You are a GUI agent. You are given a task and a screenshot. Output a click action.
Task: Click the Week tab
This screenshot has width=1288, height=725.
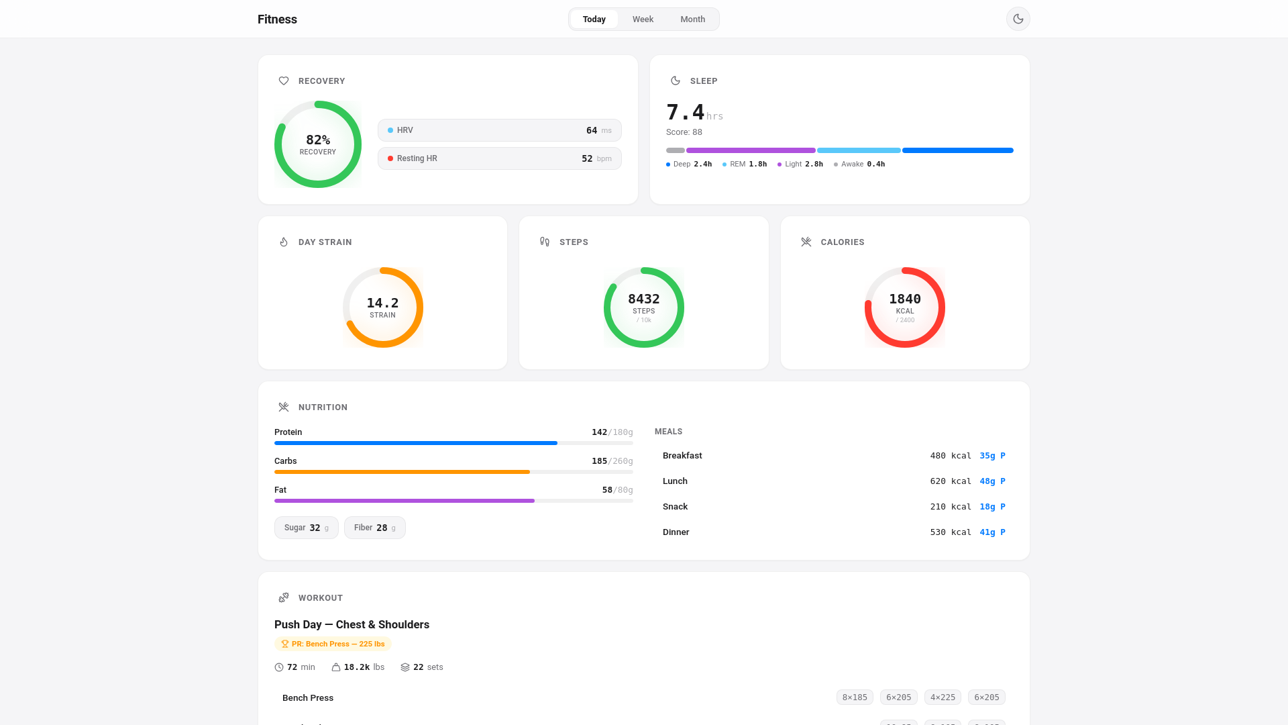coord(642,19)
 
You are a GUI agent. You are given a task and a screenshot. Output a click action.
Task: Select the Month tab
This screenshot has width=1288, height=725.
coord(692,19)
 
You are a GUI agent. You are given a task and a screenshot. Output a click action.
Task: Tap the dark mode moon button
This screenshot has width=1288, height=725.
coord(1018,19)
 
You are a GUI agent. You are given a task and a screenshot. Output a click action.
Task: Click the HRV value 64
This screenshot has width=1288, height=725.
coord(591,130)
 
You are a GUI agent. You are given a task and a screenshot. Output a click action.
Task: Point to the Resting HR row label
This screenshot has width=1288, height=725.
coord(417,158)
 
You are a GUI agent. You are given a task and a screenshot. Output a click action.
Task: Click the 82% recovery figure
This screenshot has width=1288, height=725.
coord(318,140)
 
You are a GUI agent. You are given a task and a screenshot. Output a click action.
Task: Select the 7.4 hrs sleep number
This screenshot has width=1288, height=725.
coord(686,112)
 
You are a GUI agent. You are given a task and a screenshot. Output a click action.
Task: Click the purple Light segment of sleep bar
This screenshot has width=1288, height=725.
coord(750,150)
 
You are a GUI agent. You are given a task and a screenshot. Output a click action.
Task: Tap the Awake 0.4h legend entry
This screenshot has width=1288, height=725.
coord(859,164)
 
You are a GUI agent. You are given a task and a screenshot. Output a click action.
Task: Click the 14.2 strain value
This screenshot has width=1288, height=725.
coord(382,303)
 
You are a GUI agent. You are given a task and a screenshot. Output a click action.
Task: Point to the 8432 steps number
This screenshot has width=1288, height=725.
coord(643,299)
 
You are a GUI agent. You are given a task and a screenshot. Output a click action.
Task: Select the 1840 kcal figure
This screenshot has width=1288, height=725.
coord(904,299)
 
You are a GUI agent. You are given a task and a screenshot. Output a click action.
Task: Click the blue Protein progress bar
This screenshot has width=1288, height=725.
coord(416,443)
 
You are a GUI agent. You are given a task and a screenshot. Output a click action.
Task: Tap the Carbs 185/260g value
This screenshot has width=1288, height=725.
coord(612,461)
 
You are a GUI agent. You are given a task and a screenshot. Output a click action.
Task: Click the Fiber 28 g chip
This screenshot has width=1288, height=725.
coord(374,528)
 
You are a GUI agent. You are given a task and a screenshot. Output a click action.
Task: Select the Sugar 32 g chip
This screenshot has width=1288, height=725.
coord(306,528)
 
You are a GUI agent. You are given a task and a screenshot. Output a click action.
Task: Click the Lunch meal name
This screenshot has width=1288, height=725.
coord(675,481)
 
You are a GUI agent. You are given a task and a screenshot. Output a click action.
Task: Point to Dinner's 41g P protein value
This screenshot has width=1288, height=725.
coord(992,532)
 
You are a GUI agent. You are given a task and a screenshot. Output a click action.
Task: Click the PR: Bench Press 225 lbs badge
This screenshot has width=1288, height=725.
coord(333,644)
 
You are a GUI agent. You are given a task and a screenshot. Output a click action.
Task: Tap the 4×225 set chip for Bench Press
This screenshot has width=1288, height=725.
coord(942,697)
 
